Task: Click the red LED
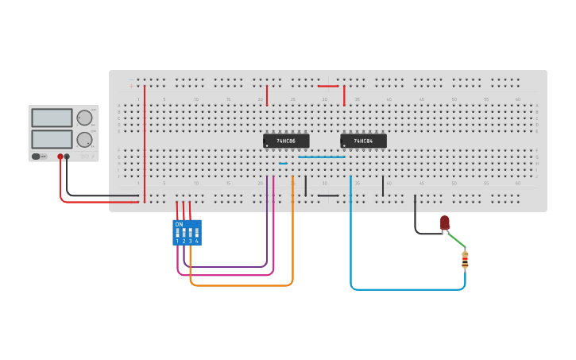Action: (x=445, y=223)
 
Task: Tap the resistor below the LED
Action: (x=465, y=259)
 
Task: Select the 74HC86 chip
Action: (x=285, y=141)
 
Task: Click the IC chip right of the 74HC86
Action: (x=363, y=141)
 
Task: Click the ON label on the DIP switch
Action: (x=179, y=225)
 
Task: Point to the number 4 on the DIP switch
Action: (x=196, y=241)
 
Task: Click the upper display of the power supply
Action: (x=52, y=118)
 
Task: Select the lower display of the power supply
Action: (x=52, y=139)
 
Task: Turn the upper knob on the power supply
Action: (x=84, y=118)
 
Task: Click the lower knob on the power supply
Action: (x=84, y=140)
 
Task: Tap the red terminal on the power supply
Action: (x=60, y=157)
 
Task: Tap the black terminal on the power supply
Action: (x=67, y=157)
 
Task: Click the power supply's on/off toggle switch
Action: (x=38, y=157)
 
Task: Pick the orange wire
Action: (x=238, y=285)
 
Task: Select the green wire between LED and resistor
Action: (x=455, y=239)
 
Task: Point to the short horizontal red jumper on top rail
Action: (x=328, y=86)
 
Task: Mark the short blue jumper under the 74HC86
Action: (x=283, y=164)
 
